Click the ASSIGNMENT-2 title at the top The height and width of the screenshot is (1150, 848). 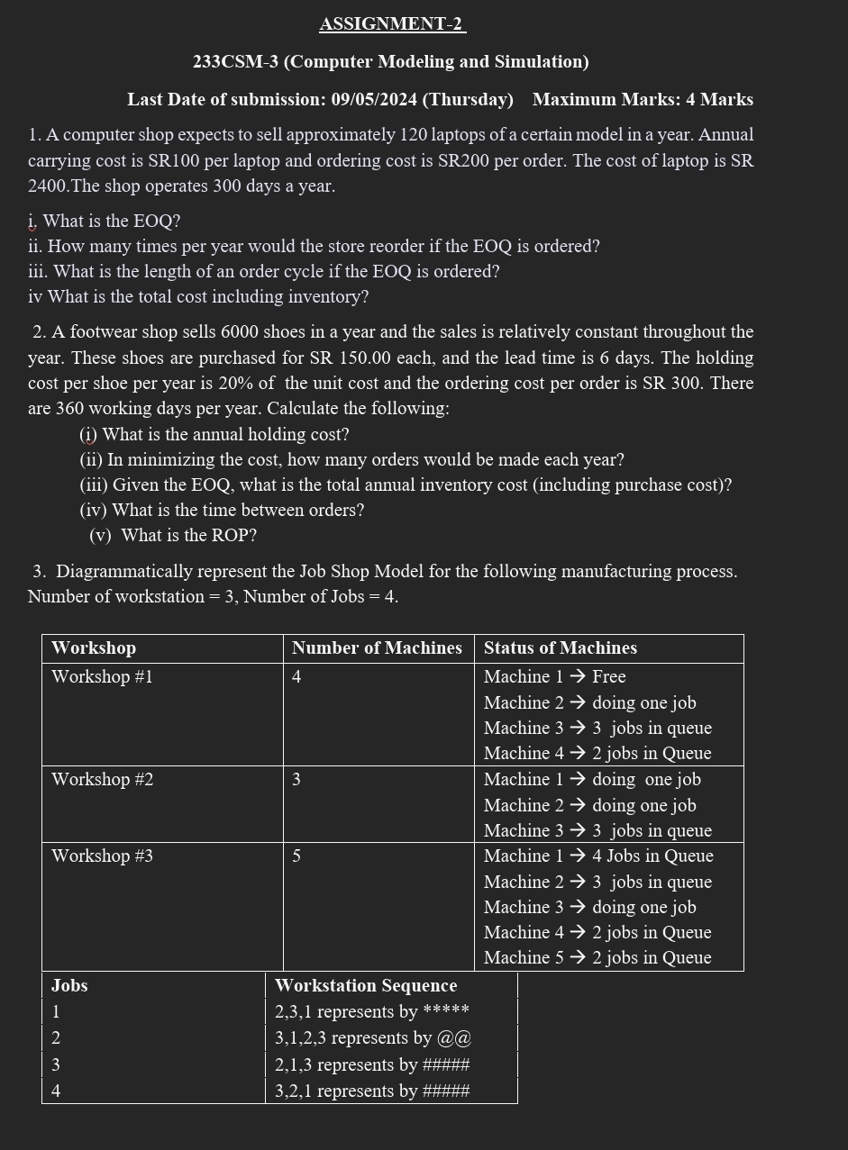point(392,24)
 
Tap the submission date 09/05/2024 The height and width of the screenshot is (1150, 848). point(375,100)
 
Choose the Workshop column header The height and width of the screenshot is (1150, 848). point(94,648)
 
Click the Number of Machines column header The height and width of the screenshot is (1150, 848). point(377,648)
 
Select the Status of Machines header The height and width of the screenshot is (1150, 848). point(560,648)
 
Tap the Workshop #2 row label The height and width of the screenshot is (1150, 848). point(102,780)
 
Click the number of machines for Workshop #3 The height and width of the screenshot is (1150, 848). point(296,856)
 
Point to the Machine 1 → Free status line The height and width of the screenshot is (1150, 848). point(554,677)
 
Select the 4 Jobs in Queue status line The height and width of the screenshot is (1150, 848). point(598,856)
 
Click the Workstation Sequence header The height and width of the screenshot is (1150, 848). point(366,986)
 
